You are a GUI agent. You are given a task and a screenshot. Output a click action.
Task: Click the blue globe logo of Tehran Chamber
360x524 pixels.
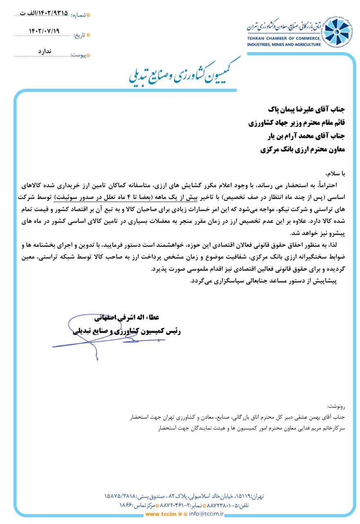click(x=337, y=32)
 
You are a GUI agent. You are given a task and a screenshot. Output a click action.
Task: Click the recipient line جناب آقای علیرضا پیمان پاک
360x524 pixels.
click(x=307, y=110)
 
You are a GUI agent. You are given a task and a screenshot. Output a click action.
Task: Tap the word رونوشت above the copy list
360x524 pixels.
click(x=336, y=407)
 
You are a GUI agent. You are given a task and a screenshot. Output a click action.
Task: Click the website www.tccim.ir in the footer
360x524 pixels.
click(x=163, y=514)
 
